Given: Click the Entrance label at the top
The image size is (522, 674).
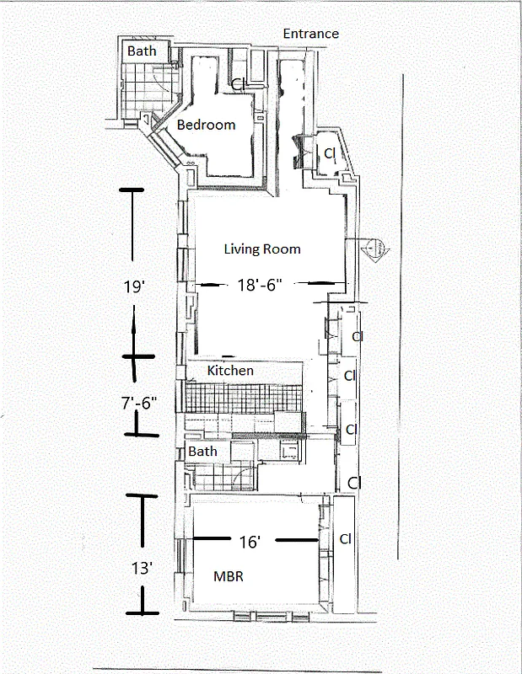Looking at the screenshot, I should click(310, 34).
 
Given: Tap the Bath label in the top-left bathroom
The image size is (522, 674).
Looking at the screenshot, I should click(142, 51).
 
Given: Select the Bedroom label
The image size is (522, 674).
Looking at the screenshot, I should click(206, 125).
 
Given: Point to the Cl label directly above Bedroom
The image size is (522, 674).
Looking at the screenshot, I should click(239, 85).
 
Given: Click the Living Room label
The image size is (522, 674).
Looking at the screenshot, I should click(261, 249).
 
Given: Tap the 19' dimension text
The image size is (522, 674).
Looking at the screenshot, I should click(135, 286).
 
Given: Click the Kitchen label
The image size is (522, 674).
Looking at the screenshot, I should click(230, 370).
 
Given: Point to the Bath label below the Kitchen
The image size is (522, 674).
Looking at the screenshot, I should click(202, 451).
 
